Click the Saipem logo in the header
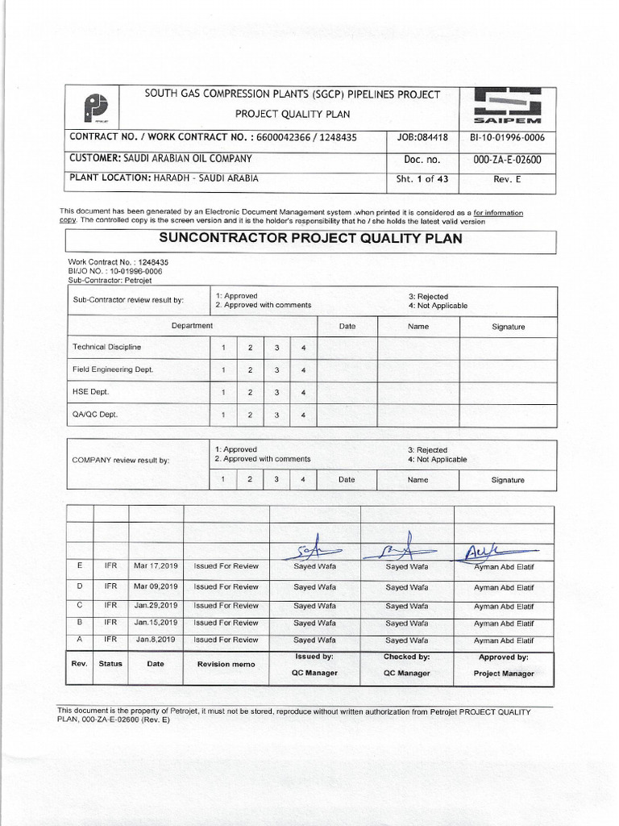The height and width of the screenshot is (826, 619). point(508,106)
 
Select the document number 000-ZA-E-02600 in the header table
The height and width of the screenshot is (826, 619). point(507,160)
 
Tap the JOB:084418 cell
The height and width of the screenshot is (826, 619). point(423,137)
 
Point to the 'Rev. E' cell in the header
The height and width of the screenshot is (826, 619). point(507,180)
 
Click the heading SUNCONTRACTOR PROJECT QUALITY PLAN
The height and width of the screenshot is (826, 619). point(310,239)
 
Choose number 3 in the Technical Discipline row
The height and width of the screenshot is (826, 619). point(276,348)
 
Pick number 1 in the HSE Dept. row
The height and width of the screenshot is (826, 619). point(223,393)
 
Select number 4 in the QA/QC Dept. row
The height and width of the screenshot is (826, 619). point(303,415)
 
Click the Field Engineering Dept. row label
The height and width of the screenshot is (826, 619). point(113,369)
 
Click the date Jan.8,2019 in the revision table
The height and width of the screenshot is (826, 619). point(155,640)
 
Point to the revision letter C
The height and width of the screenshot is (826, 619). point(79,605)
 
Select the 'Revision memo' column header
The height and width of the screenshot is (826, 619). point(226,664)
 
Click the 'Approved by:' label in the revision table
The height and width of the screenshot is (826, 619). point(503,657)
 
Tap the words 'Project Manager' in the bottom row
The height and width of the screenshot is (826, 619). point(503,674)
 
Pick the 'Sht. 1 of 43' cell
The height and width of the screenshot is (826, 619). point(422,180)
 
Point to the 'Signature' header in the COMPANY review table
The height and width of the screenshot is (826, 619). point(508,480)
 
